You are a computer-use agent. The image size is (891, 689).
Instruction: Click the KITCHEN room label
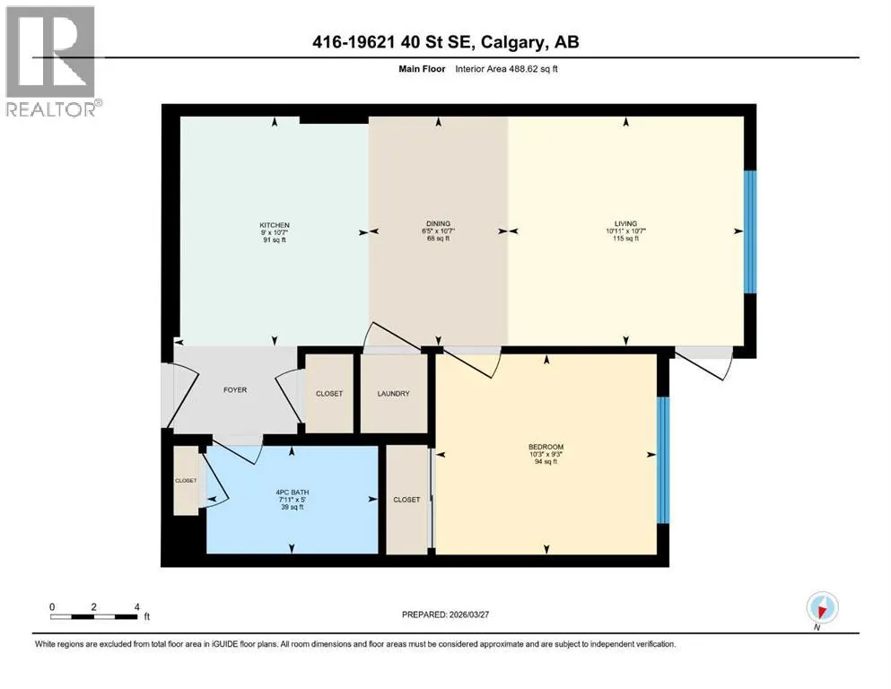[x=275, y=225]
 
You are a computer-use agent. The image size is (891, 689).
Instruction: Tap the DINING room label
[x=438, y=223]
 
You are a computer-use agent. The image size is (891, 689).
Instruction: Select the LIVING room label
[x=625, y=223]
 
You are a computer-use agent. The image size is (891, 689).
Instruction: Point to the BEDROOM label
[x=546, y=447]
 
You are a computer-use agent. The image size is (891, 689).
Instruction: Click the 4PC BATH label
[x=293, y=493]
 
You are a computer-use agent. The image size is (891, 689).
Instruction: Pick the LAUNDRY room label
[x=393, y=394]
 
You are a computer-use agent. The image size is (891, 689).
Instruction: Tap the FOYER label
[x=235, y=390]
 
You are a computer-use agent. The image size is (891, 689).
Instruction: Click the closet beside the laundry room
[x=329, y=394]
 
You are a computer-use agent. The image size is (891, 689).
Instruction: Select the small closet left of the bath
[x=186, y=481]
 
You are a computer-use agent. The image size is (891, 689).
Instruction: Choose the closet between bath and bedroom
[x=406, y=500]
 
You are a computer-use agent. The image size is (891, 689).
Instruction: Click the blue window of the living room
[x=750, y=231]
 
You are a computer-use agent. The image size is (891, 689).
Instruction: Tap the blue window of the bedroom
[x=663, y=459]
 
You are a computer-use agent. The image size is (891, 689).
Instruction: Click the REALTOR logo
[x=52, y=61]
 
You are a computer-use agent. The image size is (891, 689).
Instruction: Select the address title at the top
[x=446, y=42]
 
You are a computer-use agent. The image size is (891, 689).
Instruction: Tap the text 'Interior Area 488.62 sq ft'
[x=506, y=69]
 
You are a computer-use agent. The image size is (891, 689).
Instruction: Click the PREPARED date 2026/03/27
[x=445, y=615]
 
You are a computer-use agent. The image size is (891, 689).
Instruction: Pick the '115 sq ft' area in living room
[x=625, y=239]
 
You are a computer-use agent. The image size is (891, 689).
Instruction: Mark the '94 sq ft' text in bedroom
[x=546, y=462]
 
